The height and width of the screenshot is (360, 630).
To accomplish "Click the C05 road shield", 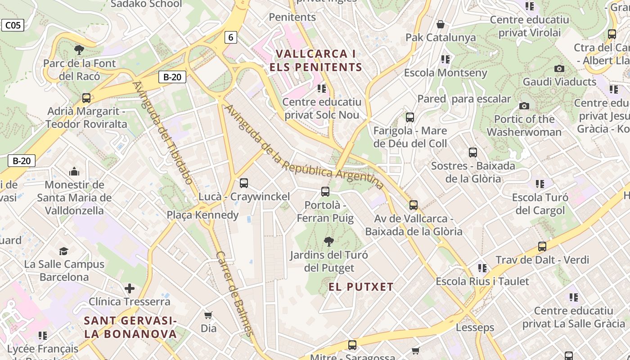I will [13, 25].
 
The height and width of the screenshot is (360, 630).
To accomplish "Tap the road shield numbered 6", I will [230, 37].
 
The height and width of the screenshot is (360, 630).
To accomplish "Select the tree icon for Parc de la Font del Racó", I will [79, 49].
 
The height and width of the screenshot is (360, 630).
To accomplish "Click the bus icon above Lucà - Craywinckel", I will [244, 183].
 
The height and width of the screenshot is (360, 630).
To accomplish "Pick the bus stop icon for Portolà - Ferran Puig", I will [325, 192].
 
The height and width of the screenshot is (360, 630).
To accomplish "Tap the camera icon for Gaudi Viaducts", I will [559, 68].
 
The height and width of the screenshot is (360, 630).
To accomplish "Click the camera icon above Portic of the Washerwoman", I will [524, 106].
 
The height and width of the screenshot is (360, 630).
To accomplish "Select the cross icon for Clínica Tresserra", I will [130, 288].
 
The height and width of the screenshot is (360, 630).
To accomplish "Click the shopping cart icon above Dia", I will [208, 315].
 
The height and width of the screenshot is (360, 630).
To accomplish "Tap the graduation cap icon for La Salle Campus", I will [64, 251].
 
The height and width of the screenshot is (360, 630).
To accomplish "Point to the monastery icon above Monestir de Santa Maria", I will [74, 171].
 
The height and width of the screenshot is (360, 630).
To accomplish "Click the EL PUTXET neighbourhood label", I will [361, 287].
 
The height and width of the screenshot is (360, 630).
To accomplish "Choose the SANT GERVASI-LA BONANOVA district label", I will [130, 327].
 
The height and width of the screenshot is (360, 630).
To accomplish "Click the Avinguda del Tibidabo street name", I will [163, 133].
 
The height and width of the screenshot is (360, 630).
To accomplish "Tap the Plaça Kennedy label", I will [202, 215].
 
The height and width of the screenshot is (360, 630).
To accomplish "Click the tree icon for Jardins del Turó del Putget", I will [329, 242].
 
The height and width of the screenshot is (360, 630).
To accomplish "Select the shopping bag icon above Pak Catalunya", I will [441, 24].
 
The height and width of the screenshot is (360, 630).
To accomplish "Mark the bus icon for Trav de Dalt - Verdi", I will [542, 247].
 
